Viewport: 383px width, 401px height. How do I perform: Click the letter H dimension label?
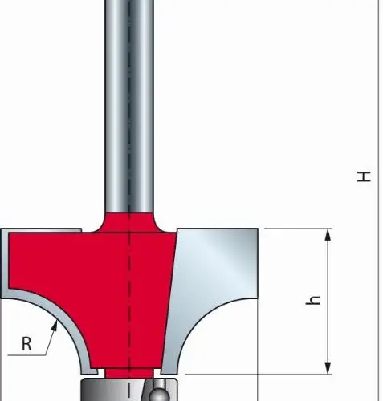pyautogui.click(x=364, y=176)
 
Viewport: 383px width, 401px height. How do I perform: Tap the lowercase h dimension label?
pyautogui.click(x=313, y=300)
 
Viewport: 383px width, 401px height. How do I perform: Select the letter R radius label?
pyautogui.click(x=26, y=343)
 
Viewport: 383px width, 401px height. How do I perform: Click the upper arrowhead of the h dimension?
pyautogui.click(x=328, y=235)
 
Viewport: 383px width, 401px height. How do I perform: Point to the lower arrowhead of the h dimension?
pyautogui.click(x=328, y=368)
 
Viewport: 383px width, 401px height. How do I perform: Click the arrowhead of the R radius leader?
pyautogui.click(x=55, y=326)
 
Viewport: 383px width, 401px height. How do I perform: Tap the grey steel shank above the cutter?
pyautogui.click(x=129, y=107)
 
